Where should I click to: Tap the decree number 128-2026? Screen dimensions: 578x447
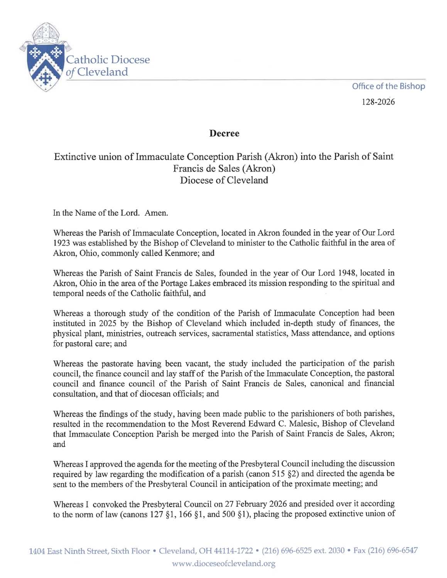379,102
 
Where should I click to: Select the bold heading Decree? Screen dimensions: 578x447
224,134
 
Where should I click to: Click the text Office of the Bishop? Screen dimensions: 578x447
388,86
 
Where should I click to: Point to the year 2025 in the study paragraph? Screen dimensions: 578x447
100,323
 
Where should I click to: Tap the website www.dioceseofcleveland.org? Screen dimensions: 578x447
224,564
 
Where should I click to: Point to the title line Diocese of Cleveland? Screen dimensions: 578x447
224,180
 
